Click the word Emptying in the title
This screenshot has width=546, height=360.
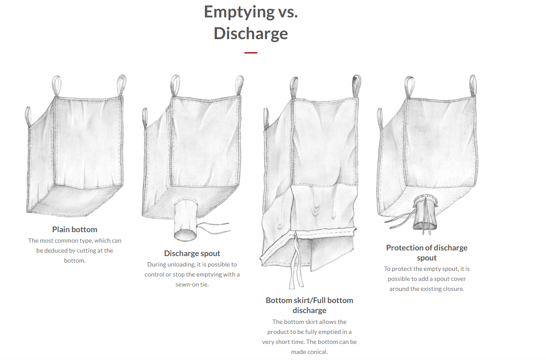point(239,12)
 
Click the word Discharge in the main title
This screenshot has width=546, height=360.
point(251,33)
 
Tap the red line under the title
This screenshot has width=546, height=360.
point(250,53)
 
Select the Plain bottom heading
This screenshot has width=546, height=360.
point(75,230)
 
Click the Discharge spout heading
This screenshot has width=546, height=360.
point(192,253)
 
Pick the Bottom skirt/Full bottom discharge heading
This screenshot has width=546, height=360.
point(310,305)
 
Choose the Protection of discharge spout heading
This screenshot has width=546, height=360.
point(427,253)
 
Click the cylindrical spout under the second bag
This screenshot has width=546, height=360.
point(185,220)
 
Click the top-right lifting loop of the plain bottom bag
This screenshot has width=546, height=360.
point(121,85)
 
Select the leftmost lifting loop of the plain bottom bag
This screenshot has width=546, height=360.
point(28,117)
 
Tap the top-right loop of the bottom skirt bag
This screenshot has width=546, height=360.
point(356,86)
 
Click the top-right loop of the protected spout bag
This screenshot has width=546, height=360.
point(473,86)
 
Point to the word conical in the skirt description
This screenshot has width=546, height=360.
point(318,352)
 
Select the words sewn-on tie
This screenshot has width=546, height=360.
point(192,284)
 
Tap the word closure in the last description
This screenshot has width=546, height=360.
point(455,289)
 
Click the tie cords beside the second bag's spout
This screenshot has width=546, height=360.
point(213,228)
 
